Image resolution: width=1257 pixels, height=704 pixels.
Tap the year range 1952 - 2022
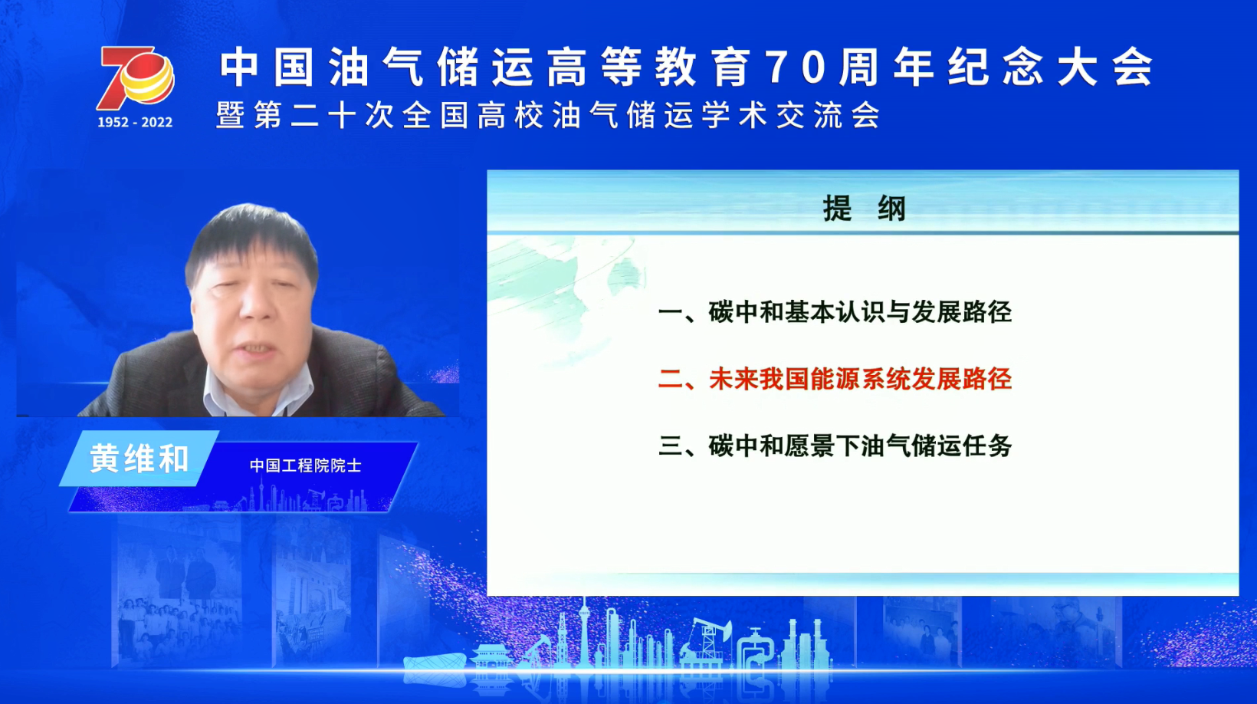coord(135,123)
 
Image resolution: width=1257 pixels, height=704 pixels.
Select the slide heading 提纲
coord(865,209)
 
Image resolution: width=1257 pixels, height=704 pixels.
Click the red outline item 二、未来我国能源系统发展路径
coord(835,380)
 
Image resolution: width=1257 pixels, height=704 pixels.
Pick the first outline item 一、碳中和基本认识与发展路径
coord(835,313)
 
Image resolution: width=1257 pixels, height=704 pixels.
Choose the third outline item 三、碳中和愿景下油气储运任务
coord(835,447)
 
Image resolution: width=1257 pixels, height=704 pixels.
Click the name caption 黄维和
coord(139,459)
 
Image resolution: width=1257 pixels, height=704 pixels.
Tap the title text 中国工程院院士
coord(305,465)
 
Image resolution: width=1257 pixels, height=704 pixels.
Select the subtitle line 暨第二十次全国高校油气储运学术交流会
coord(548,116)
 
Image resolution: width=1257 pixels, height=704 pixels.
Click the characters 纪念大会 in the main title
coord(1050,67)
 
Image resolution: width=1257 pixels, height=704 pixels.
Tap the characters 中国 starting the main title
coord(266,67)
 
